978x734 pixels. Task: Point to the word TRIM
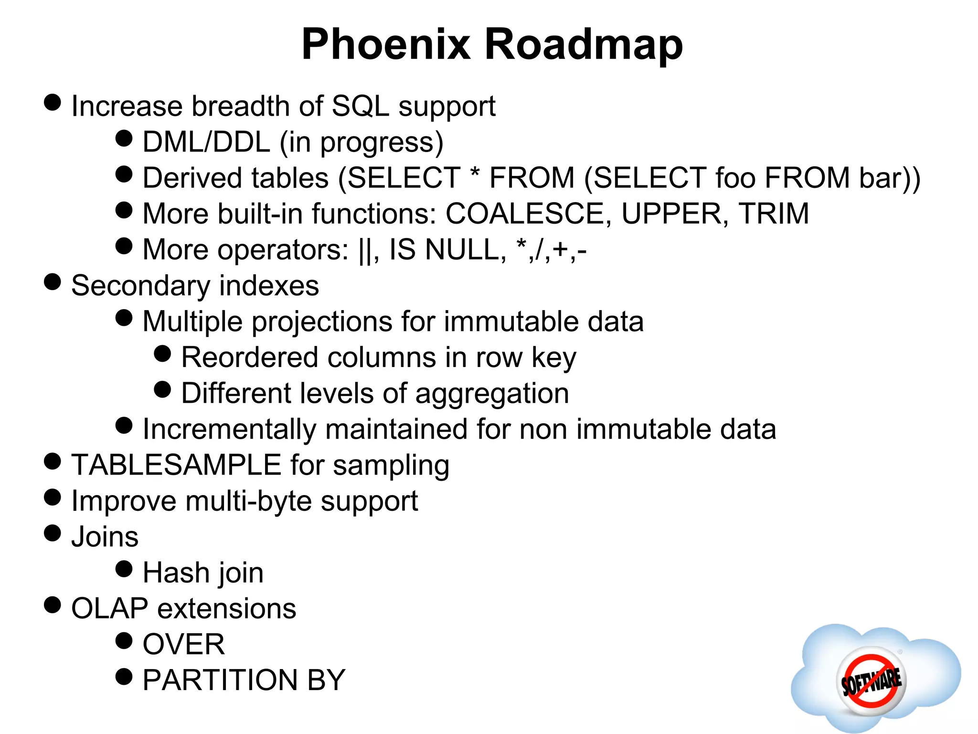pos(773,214)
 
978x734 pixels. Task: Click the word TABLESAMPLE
pos(176,465)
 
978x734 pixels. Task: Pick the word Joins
pos(105,537)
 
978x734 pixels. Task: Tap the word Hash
pos(176,572)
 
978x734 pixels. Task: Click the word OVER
pos(183,644)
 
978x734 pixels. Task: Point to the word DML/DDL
pos(206,142)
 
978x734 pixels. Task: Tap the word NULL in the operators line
pos(465,249)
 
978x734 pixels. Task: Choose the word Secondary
pos(140,286)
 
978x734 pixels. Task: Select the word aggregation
pos(492,394)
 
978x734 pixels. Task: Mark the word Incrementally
pos(229,429)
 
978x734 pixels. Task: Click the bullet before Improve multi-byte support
pos(53,497)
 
